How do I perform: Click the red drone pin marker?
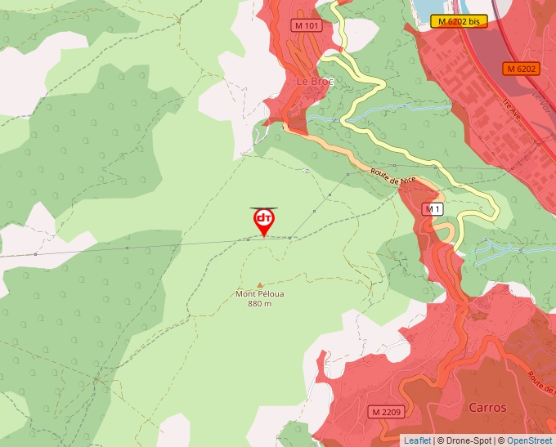click(x=264, y=222)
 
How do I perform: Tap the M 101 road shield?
click(x=307, y=25)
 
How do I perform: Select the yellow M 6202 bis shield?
click(x=459, y=21)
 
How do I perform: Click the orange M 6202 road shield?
click(x=521, y=69)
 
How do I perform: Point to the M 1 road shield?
click(x=433, y=209)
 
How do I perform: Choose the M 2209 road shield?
click(x=384, y=411)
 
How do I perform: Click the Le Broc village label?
click(x=312, y=82)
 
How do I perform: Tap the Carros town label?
click(x=487, y=407)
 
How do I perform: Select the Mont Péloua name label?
click(x=260, y=294)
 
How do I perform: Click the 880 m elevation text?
click(x=260, y=304)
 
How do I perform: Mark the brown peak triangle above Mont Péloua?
click(x=261, y=284)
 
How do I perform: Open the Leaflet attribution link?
click(x=417, y=440)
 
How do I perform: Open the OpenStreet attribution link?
click(x=530, y=440)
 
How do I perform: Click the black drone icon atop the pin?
click(x=263, y=208)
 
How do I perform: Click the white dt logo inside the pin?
click(x=264, y=219)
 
